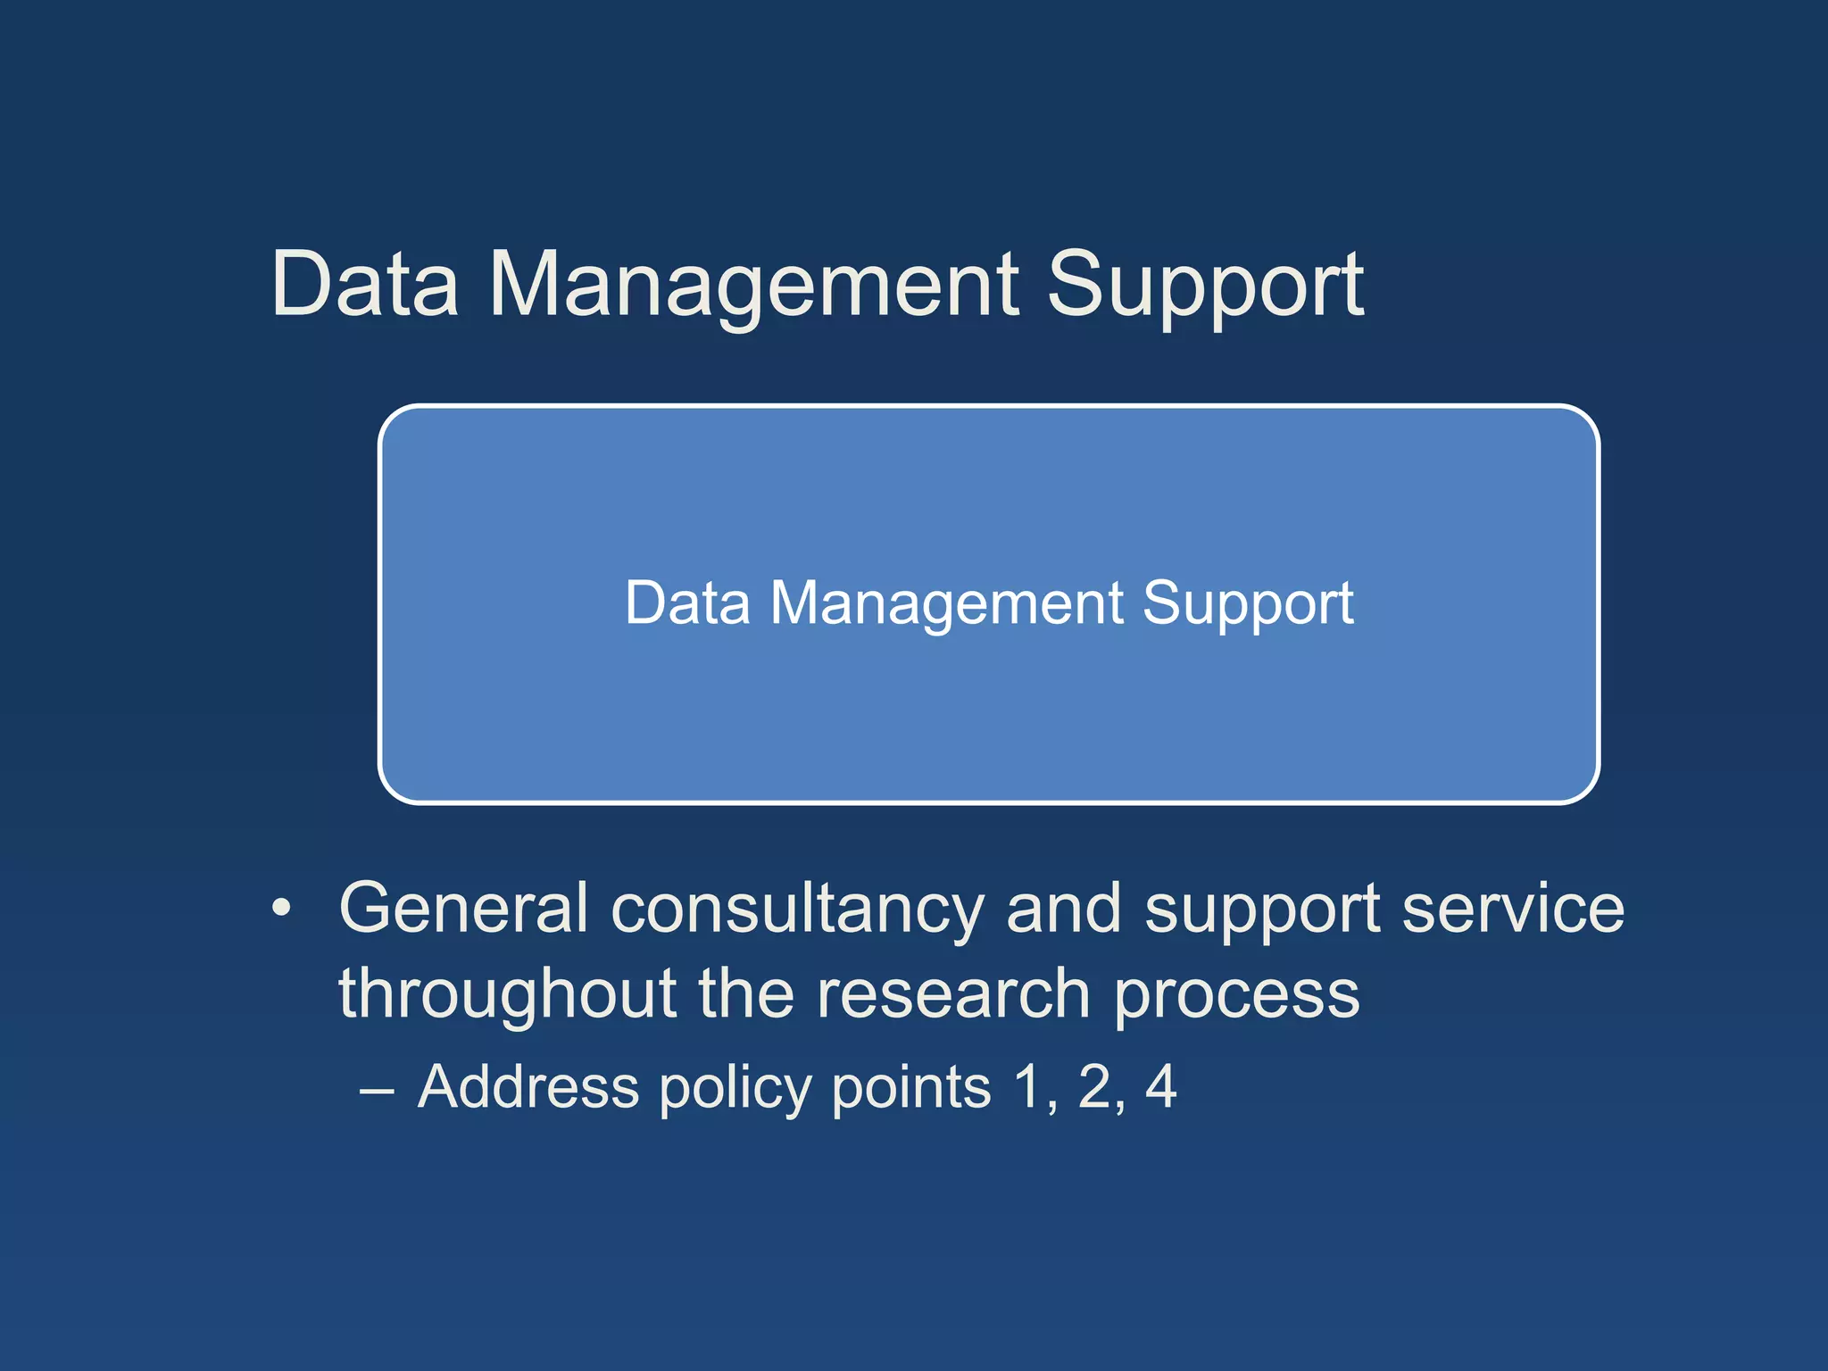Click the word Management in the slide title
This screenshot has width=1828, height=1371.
pyautogui.click(x=754, y=286)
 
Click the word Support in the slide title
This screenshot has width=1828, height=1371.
pyautogui.click(x=1205, y=286)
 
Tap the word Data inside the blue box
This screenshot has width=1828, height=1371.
pyautogui.click(x=686, y=603)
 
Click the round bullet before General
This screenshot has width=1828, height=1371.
pyautogui.click(x=282, y=909)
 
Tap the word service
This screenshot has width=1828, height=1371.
pyautogui.click(x=1513, y=909)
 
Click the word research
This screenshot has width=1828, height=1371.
pyautogui.click(x=952, y=994)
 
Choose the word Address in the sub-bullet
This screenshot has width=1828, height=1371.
pyautogui.click(x=528, y=1087)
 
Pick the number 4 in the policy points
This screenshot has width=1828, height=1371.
pyautogui.click(x=1161, y=1087)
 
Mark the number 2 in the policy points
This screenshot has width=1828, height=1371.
pyautogui.click(x=1095, y=1087)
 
